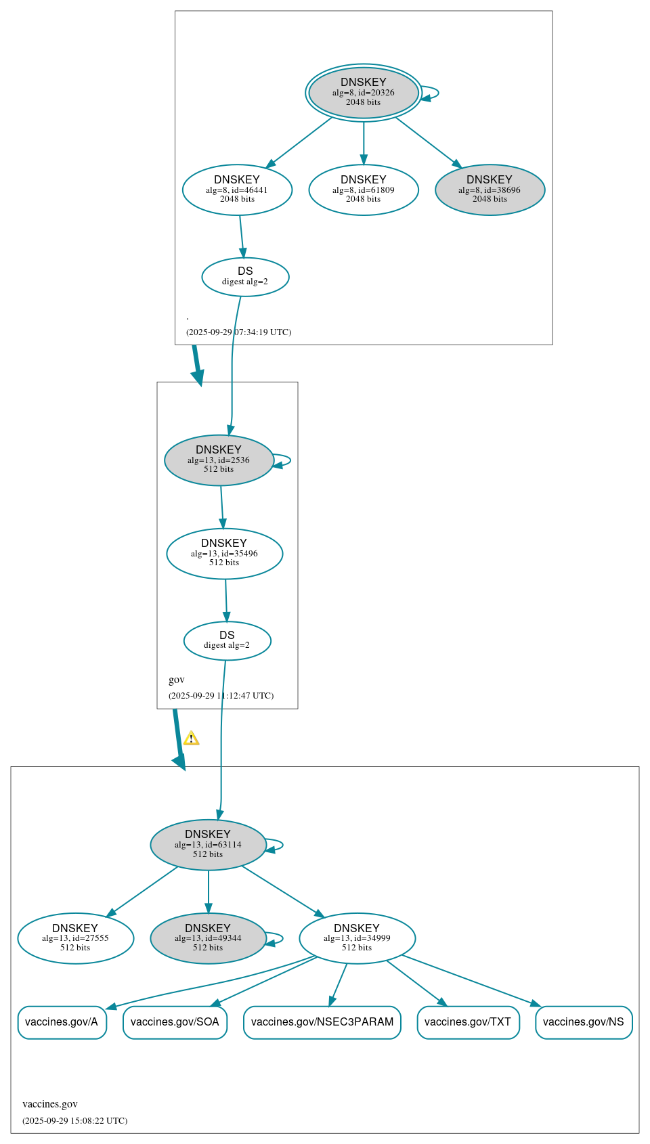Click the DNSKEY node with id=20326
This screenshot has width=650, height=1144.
coord(364,93)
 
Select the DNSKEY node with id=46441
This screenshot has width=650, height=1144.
coord(237,190)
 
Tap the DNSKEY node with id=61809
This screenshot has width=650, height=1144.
coord(364,190)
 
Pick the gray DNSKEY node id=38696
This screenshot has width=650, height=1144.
coord(490,190)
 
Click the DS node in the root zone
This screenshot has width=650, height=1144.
coord(245,276)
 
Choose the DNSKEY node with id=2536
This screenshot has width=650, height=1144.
coord(219,460)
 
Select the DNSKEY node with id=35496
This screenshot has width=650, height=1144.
coord(224,553)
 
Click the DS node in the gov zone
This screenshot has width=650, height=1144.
coord(227,640)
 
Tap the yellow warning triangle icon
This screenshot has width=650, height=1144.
coord(192,739)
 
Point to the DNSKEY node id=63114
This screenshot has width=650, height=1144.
coord(208,844)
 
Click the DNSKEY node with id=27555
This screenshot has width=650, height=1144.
coord(75,938)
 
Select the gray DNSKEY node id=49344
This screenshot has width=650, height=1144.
coord(208,938)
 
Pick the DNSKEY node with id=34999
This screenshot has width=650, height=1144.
coord(357,938)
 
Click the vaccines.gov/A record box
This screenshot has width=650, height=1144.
coord(62,1021)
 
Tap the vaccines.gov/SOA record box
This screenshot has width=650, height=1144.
coord(175,1021)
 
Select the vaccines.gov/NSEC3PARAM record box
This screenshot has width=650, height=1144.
coord(322,1021)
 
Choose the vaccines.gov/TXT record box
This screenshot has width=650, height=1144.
coord(468,1021)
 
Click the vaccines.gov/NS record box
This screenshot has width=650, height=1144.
coord(584,1021)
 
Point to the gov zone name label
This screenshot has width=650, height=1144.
coord(177,680)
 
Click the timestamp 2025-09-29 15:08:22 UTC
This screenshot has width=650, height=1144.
coord(74,1120)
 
